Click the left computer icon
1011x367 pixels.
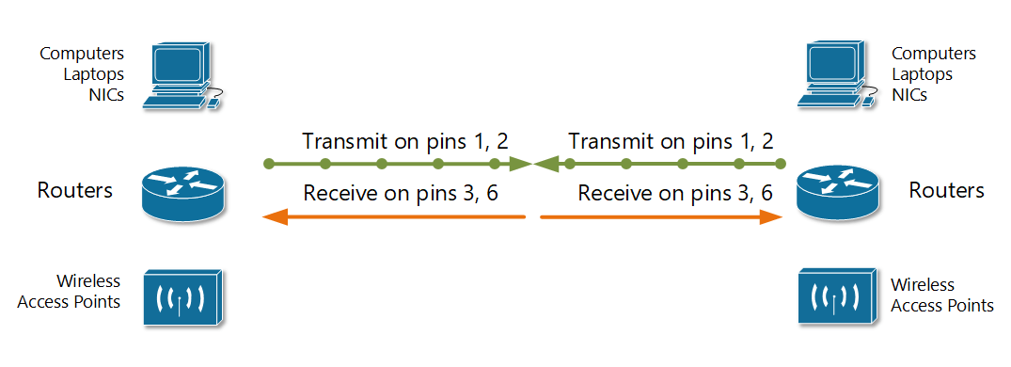[x=179, y=74]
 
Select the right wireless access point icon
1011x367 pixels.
[x=836, y=295]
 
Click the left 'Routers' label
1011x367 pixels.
[x=75, y=191]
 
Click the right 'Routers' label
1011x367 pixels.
[x=946, y=191]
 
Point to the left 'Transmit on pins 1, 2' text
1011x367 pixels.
[x=405, y=142]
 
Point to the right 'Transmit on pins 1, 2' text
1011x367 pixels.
[x=671, y=142]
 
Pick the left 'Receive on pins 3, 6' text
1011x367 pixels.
[x=401, y=194]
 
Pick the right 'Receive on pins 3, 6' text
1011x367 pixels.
[x=675, y=194]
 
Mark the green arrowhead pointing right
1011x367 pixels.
[x=520, y=165]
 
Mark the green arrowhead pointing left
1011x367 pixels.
[x=546, y=165]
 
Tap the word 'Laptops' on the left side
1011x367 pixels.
[x=95, y=74]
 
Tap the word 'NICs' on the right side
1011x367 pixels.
[x=909, y=95]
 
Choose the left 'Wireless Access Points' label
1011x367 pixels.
[x=88, y=292]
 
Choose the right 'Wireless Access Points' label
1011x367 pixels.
[x=941, y=295]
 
